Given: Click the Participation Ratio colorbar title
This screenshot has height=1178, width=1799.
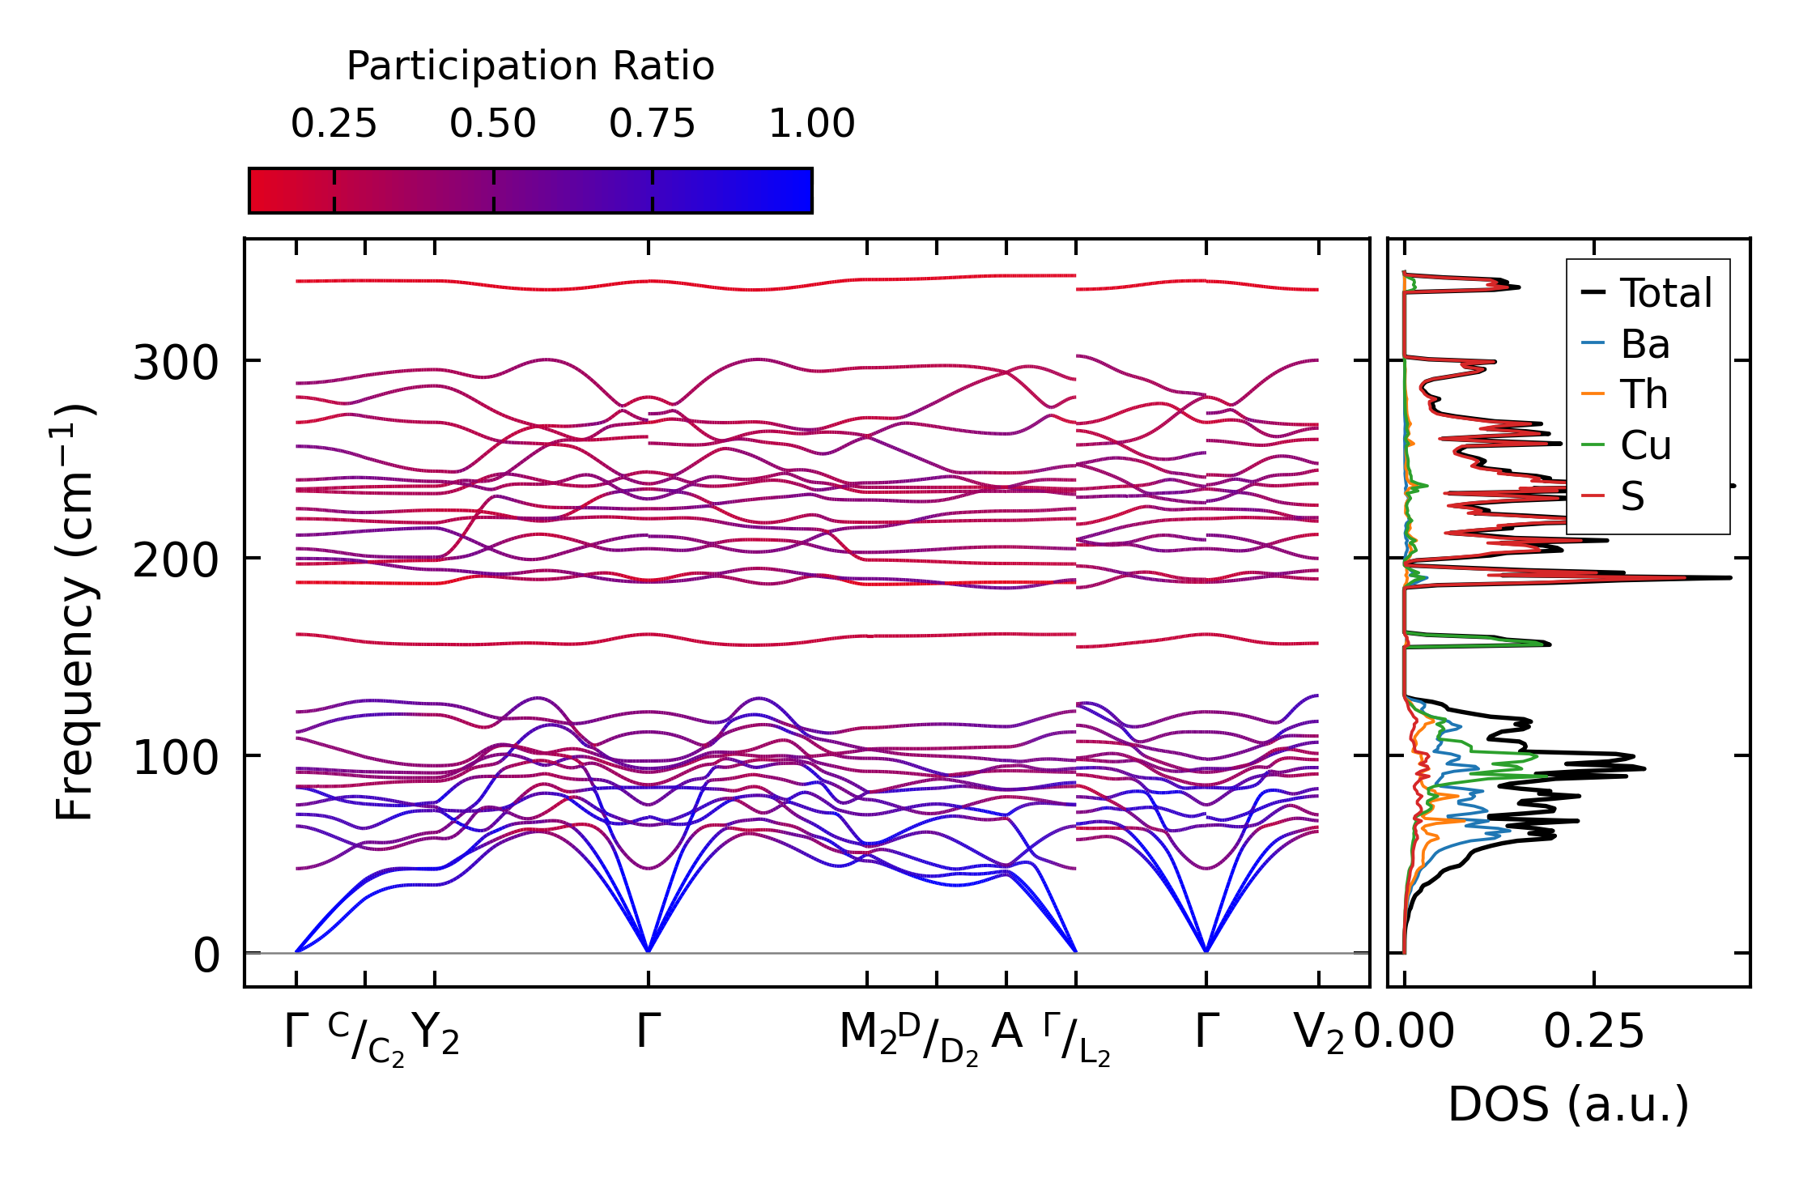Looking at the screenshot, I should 530,66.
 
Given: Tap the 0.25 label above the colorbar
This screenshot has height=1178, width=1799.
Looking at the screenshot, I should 334,124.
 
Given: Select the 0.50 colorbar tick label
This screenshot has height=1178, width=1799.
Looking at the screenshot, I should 493,124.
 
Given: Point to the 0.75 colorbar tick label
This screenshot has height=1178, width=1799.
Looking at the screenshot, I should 652,124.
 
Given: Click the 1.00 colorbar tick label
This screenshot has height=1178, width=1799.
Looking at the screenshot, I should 811,124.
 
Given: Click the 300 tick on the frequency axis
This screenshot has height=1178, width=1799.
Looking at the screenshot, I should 176,363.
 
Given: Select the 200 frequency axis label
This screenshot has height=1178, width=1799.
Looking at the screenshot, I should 176,560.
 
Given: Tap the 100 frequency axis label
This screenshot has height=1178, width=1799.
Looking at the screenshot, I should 176,758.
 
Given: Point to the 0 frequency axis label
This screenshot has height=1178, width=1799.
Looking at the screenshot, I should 206,955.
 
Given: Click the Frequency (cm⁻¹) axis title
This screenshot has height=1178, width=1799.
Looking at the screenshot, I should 75,612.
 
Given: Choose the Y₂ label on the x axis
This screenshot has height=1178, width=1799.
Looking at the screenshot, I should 436,1034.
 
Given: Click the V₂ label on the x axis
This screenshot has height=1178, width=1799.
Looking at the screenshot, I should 1319,1034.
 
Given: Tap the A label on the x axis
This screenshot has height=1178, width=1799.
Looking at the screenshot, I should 1006,1032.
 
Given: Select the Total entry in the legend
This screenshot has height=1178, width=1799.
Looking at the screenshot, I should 1666,292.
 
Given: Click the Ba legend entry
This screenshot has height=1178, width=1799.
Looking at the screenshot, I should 1645,344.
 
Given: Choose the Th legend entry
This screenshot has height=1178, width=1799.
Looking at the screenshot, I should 1644,394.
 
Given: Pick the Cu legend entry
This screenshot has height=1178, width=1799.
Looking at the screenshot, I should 1646,445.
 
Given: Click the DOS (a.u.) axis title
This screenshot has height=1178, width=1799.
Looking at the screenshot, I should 1568,1104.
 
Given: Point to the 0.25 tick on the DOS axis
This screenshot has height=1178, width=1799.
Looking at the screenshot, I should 1593,1032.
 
